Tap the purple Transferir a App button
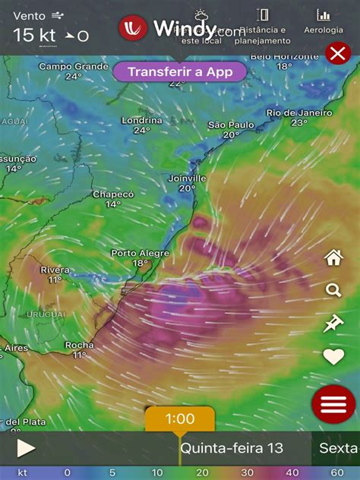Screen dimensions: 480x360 click(180, 71)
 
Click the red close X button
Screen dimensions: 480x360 click(336, 52)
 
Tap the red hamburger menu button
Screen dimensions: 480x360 click(333, 404)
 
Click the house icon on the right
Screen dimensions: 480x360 click(333, 257)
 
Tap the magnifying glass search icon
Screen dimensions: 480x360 click(333, 290)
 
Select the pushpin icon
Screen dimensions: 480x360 click(333, 324)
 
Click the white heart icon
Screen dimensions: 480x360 click(333, 356)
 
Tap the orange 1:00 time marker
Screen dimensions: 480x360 click(179, 418)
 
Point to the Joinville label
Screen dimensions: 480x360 click(188, 178)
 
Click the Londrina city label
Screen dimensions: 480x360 click(142, 121)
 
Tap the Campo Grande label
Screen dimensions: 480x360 click(74, 66)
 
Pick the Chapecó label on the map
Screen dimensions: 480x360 click(113, 194)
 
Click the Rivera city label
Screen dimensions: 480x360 click(55, 270)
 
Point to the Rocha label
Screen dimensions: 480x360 click(80, 345)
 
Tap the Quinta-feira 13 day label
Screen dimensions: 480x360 click(231, 448)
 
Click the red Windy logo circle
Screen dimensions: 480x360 click(133, 29)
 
